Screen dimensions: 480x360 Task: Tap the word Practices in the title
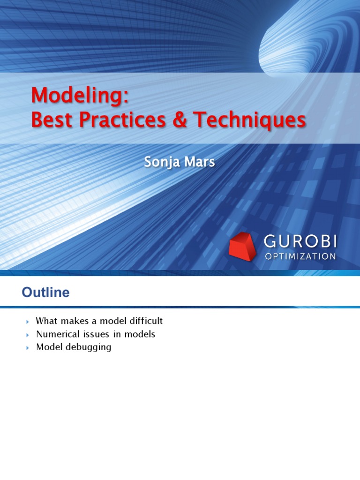tap(120, 120)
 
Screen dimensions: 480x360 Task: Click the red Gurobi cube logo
tap(243, 246)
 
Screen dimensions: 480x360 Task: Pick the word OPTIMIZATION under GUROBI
tap(300, 256)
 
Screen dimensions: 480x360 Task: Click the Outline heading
tap(45, 293)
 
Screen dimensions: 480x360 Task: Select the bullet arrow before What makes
tap(27, 322)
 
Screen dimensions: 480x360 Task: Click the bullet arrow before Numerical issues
tap(27, 335)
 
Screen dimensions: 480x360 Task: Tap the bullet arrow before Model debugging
tap(27, 348)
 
